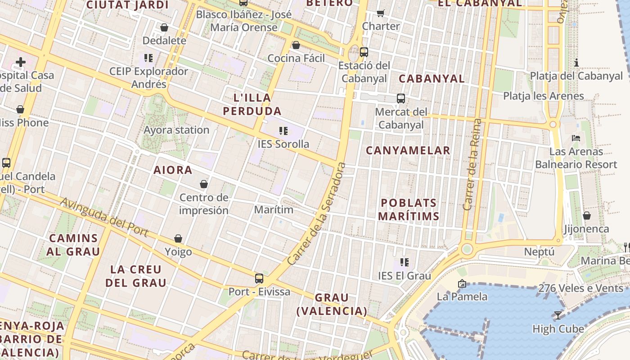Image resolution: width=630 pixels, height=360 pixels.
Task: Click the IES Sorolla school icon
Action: click(283, 131)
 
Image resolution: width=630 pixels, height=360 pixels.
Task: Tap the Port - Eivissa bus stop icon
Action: click(259, 279)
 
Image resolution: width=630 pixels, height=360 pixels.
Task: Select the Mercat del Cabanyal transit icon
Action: click(400, 98)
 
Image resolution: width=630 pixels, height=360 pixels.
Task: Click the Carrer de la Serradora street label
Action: click(317, 213)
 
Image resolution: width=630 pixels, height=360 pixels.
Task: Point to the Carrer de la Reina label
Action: click(472, 164)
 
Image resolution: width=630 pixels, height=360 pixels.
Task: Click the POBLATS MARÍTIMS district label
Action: click(409, 210)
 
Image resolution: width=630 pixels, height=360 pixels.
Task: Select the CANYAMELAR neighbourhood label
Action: click(408, 151)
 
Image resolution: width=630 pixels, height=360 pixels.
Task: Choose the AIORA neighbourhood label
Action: click(173, 170)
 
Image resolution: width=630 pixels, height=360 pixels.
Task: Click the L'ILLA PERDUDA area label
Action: click(252, 104)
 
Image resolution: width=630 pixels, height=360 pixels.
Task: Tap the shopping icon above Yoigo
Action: click(178, 238)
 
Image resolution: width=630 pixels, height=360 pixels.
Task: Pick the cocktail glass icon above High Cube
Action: click(558, 315)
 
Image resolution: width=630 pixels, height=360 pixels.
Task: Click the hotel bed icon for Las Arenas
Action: click(576, 138)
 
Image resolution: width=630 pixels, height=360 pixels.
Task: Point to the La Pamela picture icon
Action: click(462, 283)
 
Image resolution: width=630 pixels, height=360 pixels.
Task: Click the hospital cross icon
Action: click(21, 62)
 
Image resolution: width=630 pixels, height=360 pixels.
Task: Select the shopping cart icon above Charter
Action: click(381, 13)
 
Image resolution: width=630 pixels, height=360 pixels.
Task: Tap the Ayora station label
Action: click(176, 130)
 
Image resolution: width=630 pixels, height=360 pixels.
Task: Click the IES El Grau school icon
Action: click(404, 262)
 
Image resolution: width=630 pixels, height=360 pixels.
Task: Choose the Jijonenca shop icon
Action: click(586, 216)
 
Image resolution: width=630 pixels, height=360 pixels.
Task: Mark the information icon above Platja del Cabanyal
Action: click(576, 63)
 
